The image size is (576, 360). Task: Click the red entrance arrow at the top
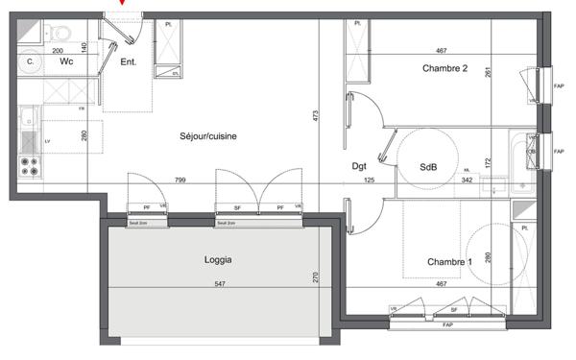click(x=121, y=3)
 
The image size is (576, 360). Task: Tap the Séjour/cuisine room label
click(x=207, y=136)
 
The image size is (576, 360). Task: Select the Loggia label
click(x=219, y=259)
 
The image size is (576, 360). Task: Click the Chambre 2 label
click(x=444, y=68)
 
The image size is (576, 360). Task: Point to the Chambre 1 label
click(x=449, y=262)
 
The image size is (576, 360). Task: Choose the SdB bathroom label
click(x=428, y=166)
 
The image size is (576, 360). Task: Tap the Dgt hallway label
click(x=360, y=166)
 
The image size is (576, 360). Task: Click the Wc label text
click(x=65, y=62)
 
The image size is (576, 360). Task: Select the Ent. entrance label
click(x=128, y=62)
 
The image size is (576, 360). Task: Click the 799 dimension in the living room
click(x=180, y=180)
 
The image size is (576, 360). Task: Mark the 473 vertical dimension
click(x=315, y=117)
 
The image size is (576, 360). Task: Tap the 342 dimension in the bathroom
click(x=468, y=180)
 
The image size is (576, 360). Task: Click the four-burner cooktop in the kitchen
click(x=28, y=164)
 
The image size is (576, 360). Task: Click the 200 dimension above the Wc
click(x=58, y=50)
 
